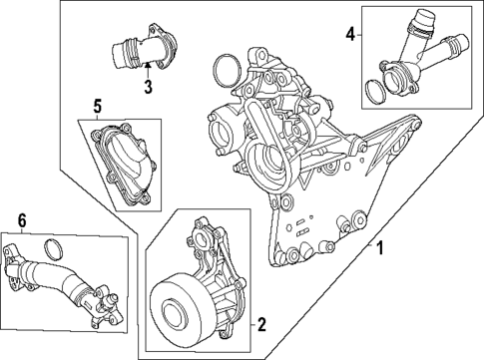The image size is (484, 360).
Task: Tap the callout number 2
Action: click(x=261, y=324)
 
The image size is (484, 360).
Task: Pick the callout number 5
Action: click(x=98, y=105)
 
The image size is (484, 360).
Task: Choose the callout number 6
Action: click(x=22, y=222)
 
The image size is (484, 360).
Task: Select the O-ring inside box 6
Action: click(x=58, y=247)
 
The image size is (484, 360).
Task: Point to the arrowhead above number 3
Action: click(x=147, y=67)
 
